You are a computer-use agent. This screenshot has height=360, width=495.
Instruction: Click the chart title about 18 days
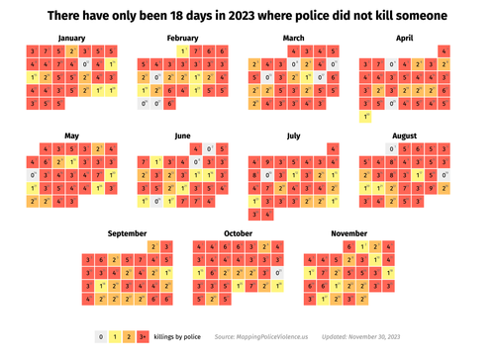247,17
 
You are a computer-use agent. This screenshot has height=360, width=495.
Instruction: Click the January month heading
72,38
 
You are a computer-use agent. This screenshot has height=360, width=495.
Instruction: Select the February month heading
182,38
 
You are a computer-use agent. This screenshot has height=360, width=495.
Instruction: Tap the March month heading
293,38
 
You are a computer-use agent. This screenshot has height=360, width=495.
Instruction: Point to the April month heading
404,38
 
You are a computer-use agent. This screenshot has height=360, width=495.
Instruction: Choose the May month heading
72,135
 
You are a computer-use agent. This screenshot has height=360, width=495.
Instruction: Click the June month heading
182,135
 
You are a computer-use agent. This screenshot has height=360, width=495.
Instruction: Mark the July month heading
293,135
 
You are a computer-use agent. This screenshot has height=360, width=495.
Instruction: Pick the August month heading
404,135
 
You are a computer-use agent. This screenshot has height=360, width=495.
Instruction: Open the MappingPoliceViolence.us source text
260,337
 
